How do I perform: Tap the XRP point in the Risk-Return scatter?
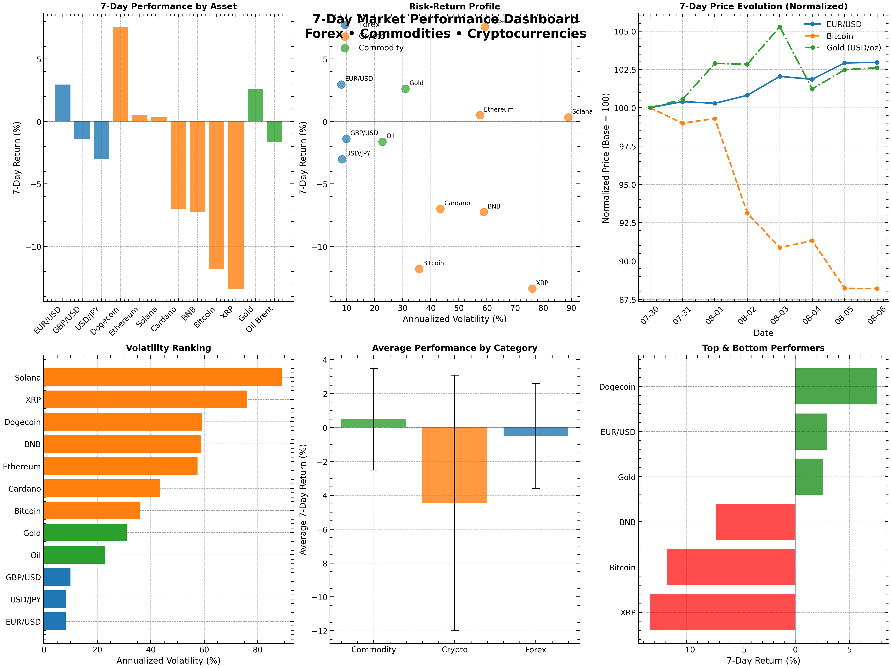coord(532,288)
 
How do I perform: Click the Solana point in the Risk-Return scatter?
coord(568,117)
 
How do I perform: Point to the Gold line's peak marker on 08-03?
coord(779,27)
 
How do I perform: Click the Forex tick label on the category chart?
coord(535,649)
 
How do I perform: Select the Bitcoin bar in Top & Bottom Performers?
coord(731,567)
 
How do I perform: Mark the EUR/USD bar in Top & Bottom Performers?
coord(811,432)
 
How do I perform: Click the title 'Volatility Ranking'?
coord(168,348)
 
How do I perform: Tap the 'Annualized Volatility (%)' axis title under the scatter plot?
coord(454,319)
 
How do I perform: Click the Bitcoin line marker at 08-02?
coord(747,213)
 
